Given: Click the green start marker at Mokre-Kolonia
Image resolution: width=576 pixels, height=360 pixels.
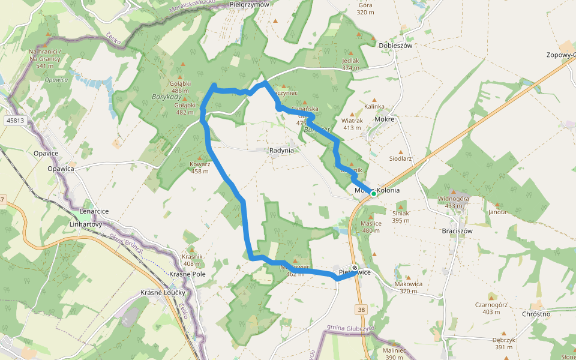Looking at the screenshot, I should coord(373,193).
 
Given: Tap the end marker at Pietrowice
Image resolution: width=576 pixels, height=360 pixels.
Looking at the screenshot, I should coord(355,268).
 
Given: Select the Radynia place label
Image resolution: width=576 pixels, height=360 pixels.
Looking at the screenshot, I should coord(281,151).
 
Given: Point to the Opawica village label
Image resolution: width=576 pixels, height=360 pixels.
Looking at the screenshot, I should coord(60,169).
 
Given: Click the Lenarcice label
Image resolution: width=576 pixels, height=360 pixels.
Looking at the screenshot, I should coord(94,211).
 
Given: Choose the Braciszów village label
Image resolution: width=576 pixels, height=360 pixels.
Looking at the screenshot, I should coord(457,230).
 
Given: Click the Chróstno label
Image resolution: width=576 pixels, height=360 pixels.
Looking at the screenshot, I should coord(536,314).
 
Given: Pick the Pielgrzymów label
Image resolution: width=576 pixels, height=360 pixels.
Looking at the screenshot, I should coord(250,4).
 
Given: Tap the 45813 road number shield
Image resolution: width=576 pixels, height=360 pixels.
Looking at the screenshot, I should coord(16,121).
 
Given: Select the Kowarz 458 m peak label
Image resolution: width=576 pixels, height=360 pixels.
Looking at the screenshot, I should coord(199,167).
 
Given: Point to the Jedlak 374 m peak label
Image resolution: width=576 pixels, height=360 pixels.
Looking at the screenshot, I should coord(350,64).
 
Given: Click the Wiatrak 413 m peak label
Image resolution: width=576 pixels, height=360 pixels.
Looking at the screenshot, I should coord(352,124).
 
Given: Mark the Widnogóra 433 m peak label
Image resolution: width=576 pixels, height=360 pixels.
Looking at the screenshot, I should coord(454,202).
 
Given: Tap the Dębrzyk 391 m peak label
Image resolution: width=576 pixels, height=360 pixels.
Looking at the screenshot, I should coord(503,343).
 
